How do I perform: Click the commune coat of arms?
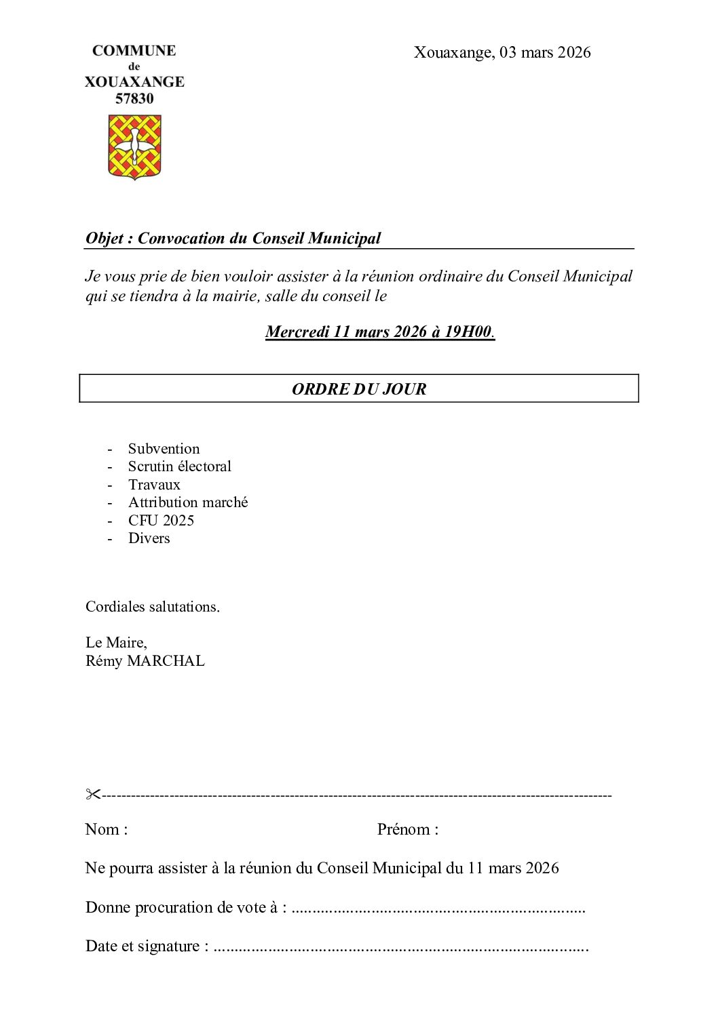(134, 146)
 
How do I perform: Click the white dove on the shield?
(134, 144)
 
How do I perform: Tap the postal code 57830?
(134, 99)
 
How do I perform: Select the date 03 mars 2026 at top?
(545, 52)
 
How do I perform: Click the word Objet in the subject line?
(105, 239)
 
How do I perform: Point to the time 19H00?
(468, 332)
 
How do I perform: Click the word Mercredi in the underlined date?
(297, 332)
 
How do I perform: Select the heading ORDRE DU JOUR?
(359, 389)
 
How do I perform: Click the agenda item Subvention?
(164, 449)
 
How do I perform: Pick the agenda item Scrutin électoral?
(179, 466)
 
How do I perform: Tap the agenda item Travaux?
(154, 485)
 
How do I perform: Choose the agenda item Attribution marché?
(188, 502)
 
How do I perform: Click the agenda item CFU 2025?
(161, 521)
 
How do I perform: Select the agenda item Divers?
(149, 538)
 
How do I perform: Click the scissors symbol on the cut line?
(92, 794)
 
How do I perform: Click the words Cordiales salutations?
(152, 607)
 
